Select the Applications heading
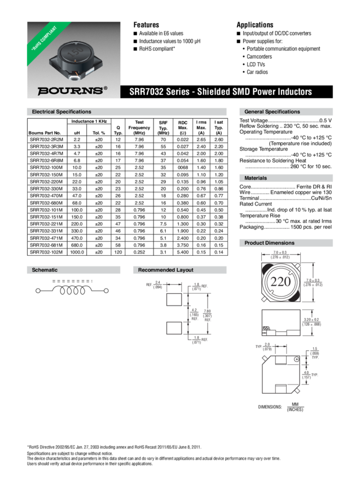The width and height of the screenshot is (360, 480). [x=254, y=25]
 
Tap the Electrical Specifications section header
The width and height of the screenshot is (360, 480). [x=62, y=112]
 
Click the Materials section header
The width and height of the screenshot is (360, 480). [x=256, y=178]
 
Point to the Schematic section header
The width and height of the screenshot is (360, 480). [x=45, y=270]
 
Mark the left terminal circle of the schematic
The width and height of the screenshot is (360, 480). [x=38, y=291]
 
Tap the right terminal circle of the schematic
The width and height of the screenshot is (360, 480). [x=106, y=291]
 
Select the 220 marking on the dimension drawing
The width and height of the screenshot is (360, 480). [x=280, y=282]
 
